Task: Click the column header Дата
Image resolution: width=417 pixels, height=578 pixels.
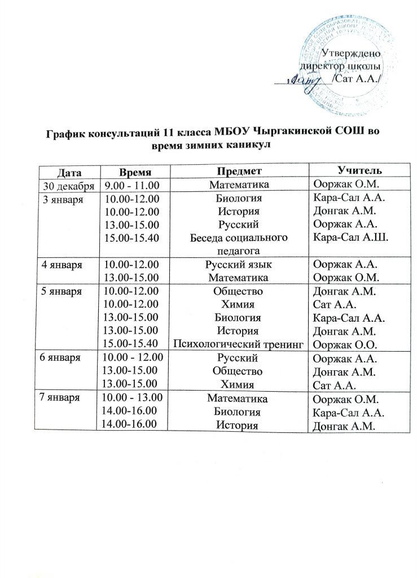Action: (x=69, y=170)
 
